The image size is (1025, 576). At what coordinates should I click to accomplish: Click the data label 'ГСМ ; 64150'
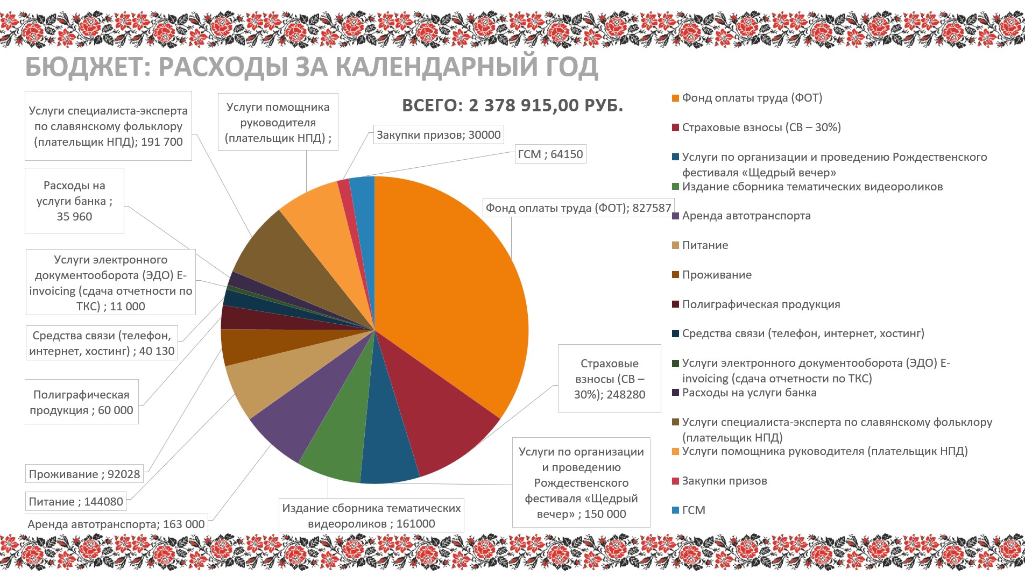550,154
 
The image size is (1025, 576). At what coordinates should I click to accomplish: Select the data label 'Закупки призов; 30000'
439,135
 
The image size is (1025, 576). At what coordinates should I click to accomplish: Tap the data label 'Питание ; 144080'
76,502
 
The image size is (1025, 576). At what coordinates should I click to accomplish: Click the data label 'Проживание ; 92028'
84,474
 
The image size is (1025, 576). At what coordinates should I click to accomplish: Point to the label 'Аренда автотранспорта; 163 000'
116,524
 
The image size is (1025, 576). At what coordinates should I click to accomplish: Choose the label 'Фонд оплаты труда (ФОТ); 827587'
578,208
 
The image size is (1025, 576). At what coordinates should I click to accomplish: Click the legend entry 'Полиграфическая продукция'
761,304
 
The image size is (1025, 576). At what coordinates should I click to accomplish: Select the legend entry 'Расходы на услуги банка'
749,393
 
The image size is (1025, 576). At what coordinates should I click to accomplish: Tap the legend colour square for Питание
675,246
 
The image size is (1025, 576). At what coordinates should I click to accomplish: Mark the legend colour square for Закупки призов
675,481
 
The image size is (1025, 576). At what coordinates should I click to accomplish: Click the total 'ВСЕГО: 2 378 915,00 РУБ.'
512,105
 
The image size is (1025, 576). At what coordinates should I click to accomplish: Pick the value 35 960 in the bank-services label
74,217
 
